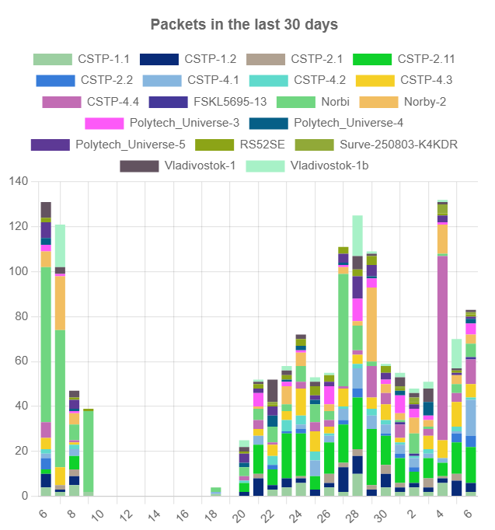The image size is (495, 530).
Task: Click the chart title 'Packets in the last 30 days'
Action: point(244,24)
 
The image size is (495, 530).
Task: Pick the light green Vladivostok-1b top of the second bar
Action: point(60,246)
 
